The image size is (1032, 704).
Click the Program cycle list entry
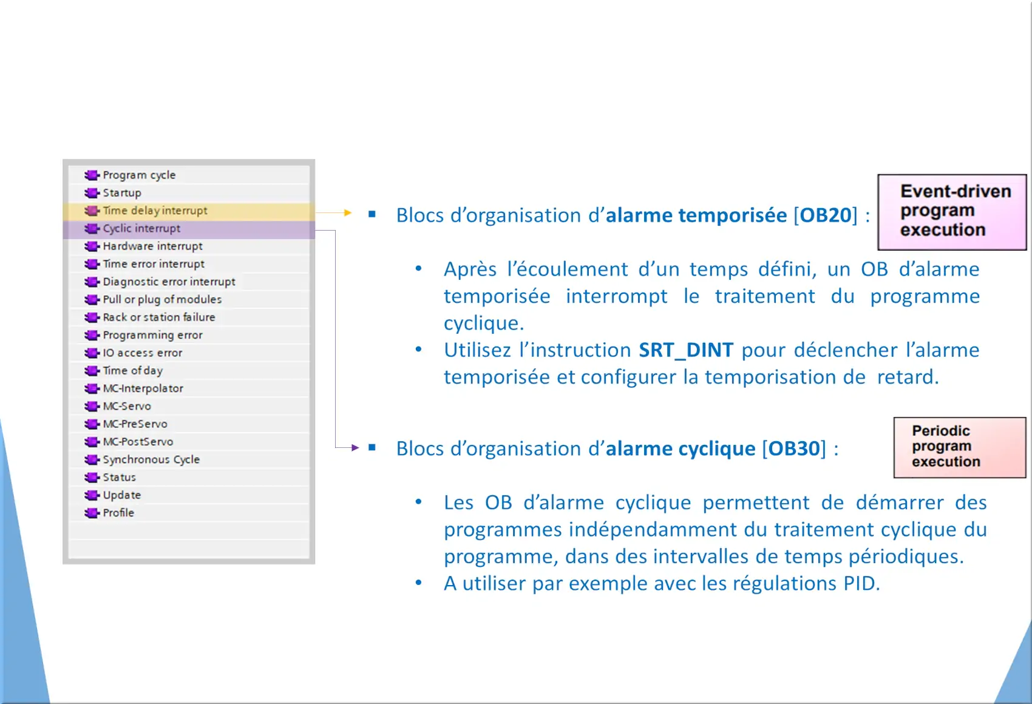click(x=139, y=175)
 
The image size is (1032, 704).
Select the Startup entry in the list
click(x=122, y=192)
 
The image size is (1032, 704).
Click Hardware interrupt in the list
click(x=152, y=246)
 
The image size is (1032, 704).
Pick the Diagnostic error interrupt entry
click(x=169, y=282)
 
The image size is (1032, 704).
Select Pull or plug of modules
click(x=162, y=299)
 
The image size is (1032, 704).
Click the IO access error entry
click(x=143, y=353)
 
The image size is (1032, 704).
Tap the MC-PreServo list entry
click(x=135, y=424)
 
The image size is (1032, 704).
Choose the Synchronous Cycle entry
click(x=151, y=459)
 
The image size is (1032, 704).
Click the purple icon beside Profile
click(x=92, y=513)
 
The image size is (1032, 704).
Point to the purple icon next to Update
click(x=92, y=495)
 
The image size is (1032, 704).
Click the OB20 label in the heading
click(x=825, y=215)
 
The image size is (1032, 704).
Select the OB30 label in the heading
click(x=794, y=448)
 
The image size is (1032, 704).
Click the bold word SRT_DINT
click(x=685, y=350)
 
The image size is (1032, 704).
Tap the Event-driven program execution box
click(x=952, y=212)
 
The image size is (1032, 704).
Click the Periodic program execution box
click(x=960, y=447)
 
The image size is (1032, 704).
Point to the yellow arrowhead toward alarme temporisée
click(x=348, y=212)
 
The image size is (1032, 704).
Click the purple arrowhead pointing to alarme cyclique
click(x=355, y=447)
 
